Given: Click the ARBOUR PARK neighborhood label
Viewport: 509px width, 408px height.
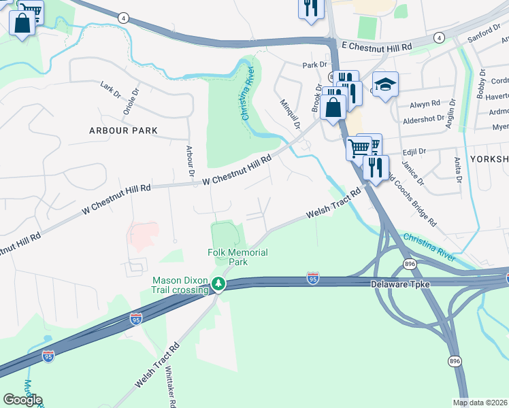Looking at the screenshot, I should click(x=123, y=130).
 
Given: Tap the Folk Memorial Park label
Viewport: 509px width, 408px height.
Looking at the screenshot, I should click(x=237, y=257).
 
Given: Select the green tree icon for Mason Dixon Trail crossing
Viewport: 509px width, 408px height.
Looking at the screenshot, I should click(x=218, y=284).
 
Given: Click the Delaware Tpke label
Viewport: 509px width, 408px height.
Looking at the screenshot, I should click(x=401, y=284).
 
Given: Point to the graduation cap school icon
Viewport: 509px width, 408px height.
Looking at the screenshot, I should click(x=385, y=85).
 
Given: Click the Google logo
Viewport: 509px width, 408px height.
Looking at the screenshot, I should click(x=22, y=400).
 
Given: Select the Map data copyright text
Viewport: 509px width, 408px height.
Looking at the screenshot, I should click(x=480, y=403).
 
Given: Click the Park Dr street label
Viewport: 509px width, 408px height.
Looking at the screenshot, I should click(x=315, y=65).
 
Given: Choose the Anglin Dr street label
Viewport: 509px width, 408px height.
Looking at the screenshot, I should click(x=450, y=116).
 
